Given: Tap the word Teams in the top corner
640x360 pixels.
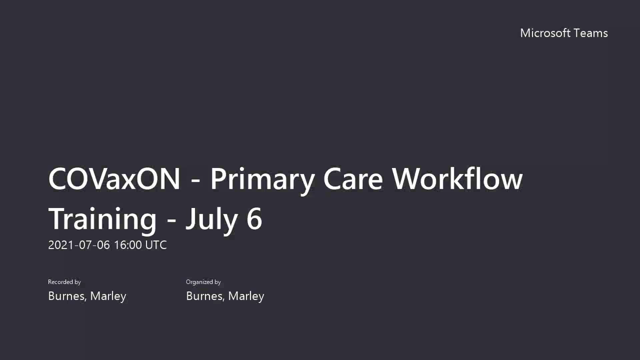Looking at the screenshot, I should (x=591, y=33).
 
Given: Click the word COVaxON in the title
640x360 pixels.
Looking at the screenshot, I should (x=114, y=179).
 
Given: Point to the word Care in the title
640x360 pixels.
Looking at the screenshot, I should (x=353, y=179).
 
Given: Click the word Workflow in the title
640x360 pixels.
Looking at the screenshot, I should (x=457, y=179).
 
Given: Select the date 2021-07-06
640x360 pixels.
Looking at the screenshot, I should (x=79, y=245).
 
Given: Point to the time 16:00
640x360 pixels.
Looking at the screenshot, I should (x=128, y=245).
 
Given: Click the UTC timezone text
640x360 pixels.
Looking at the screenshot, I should (x=156, y=245).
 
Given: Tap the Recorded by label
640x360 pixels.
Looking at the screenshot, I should (x=64, y=282).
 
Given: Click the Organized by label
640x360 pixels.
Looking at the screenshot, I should (x=203, y=282).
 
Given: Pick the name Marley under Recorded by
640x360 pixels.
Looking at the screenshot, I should (x=108, y=296).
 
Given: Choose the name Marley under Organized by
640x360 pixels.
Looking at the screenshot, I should (x=246, y=296).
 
